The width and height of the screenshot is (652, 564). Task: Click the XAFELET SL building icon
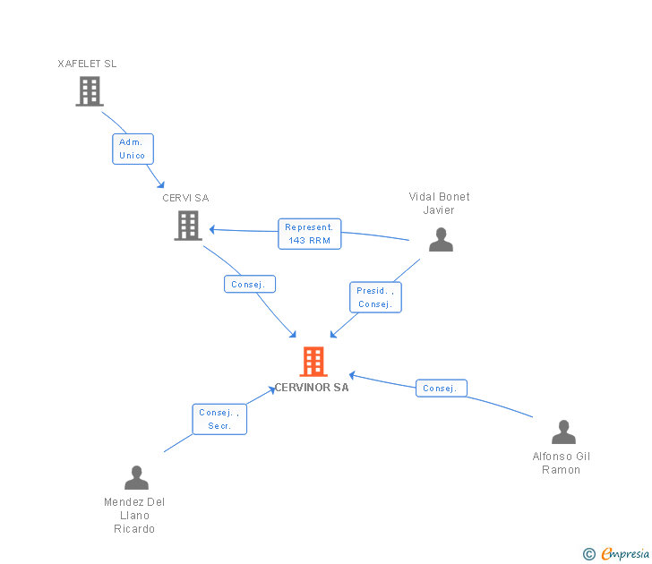(x=89, y=90)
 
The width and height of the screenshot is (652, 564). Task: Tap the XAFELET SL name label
(x=87, y=64)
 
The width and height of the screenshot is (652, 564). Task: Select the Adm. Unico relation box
(x=133, y=149)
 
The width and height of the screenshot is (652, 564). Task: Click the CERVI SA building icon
(x=187, y=225)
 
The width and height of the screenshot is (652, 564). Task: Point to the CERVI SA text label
(x=185, y=198)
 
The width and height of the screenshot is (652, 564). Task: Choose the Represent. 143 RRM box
(x=310, y=234)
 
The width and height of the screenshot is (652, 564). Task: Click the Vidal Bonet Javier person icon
(x=440, y=239)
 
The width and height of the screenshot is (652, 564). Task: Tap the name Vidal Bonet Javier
(x=439, y=203)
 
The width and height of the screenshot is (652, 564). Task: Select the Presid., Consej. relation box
(x=375, y=297)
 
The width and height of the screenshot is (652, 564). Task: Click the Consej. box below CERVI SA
(x=249, y=284)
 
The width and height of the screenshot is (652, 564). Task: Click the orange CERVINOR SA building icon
(x=313, y=362)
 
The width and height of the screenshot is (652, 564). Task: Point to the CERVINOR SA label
(x=313, y=388)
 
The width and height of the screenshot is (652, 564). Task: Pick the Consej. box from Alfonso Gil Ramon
(x=441, y=388)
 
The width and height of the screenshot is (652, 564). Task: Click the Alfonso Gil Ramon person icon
(x=562, y=432)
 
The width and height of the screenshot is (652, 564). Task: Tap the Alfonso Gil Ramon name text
(x=562, y=463)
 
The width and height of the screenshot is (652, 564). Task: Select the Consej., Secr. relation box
(x=219, y=419)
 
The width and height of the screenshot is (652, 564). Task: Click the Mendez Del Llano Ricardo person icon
(x=136, y=477)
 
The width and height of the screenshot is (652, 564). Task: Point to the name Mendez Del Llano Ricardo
(x=134, y=515)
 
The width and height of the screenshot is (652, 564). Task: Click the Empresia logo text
(x=625, y=553)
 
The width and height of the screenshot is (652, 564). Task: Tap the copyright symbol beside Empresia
(x=588, y=554)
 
